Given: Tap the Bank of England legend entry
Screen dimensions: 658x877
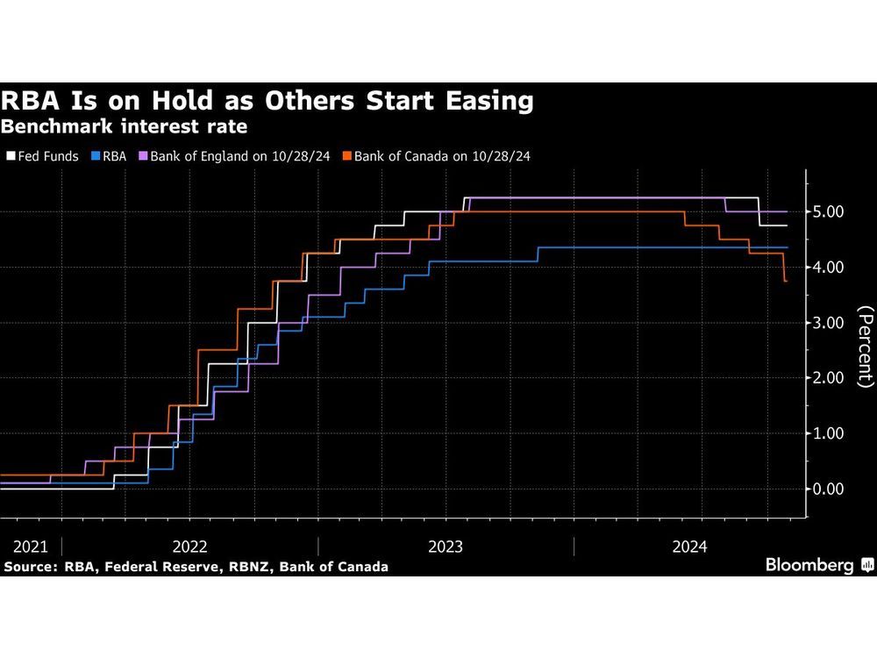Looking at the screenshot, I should click(239, 156).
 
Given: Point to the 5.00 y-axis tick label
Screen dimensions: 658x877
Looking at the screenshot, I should click(829, 212).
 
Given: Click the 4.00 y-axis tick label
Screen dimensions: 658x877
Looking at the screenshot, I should click(829, 268).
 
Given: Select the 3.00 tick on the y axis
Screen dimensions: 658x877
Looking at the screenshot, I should click(829, 323).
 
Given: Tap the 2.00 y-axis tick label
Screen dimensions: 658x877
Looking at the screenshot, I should click(829, 378).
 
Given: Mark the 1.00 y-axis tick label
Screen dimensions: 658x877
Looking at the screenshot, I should click(829, 433).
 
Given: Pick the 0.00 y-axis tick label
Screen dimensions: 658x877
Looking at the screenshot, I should click(829, 489).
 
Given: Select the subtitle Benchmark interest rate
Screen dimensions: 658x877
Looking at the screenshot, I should click(124, 126).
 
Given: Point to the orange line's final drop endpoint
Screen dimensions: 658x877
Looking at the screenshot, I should click(786, 281).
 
